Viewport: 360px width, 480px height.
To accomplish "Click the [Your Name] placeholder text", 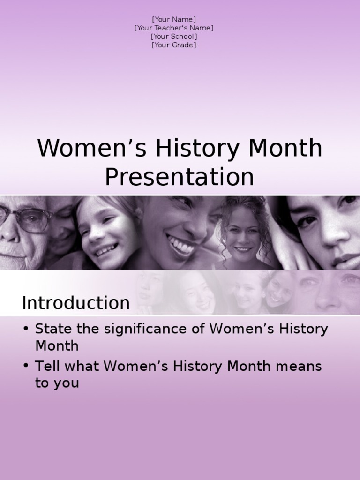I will (174, 19).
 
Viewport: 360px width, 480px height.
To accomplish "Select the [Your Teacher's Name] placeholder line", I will (174, 28).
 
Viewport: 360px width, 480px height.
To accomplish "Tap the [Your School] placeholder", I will (174, 37).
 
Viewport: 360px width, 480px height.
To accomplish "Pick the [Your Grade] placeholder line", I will (174, 45).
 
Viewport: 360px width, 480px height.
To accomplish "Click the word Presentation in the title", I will (179, 177).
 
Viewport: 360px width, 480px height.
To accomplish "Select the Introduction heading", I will (75, 303).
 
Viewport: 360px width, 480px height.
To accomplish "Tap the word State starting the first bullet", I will (52, 329).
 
